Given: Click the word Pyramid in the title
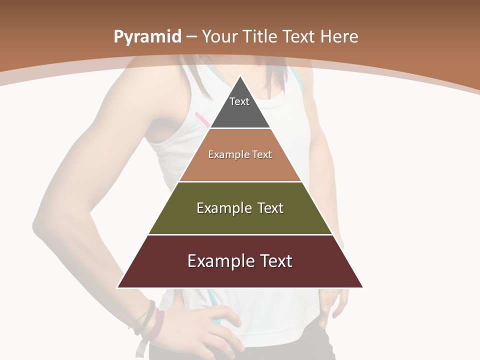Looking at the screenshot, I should pyautogui.click(x=147, y=37).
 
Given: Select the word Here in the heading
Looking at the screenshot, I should pyautogui.click(x=339, y=36).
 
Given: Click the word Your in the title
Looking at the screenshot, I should pyautogui.click(x=220, y=36).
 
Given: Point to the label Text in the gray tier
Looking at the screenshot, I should pyautogui.click(x=239, y=101).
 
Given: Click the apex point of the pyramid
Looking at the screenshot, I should pyautogui.click(x=240, y=76).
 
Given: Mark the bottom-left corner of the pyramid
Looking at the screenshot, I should pyautogui.click(x=118, y=287).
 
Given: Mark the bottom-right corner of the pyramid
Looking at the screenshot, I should pyautogui.click(x=362, y=287).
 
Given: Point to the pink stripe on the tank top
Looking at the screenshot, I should pyautogui.click(x=202, y=119).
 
